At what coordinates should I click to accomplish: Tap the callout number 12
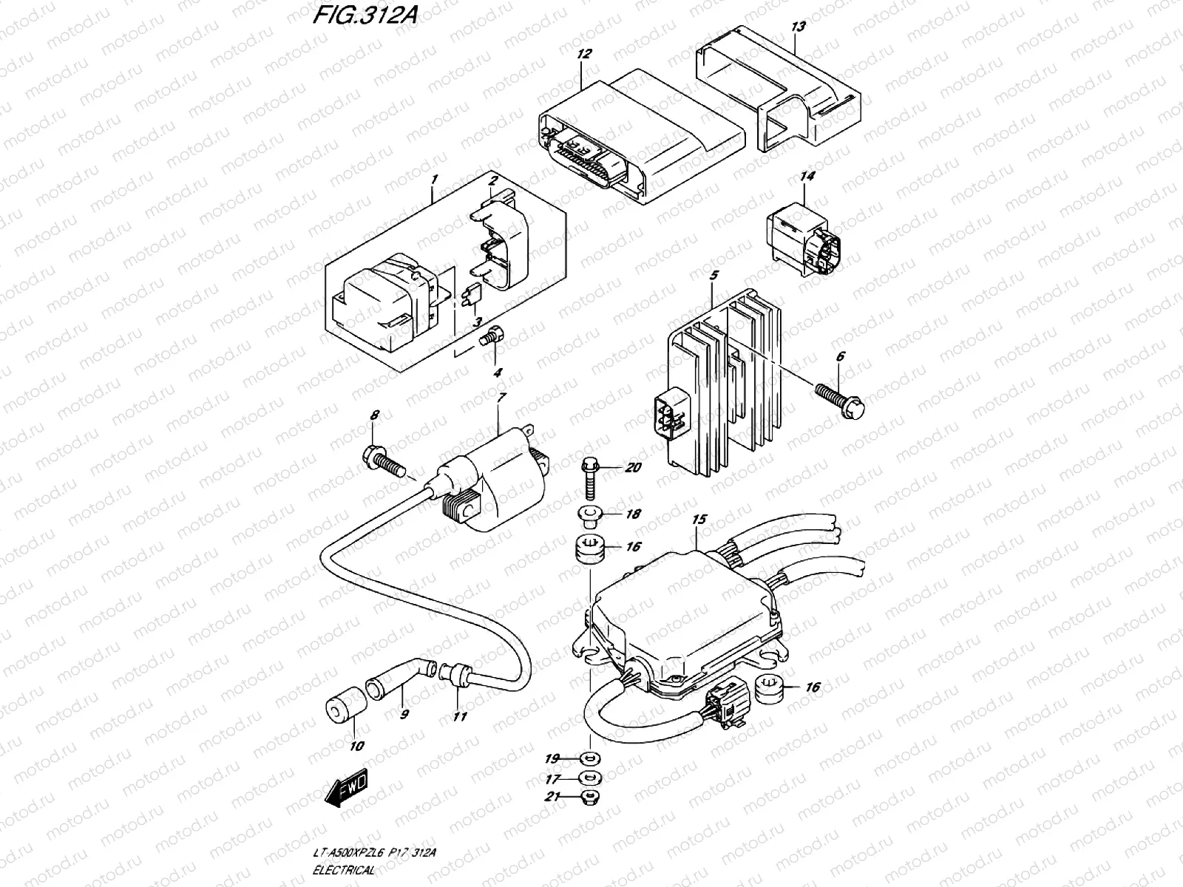pyautogui.click(x=584, y=54)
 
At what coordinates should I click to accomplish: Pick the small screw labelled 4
pyautogui.click(x=489, y=341)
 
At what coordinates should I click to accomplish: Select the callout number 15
pyautogui.click(x=699, y=520)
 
